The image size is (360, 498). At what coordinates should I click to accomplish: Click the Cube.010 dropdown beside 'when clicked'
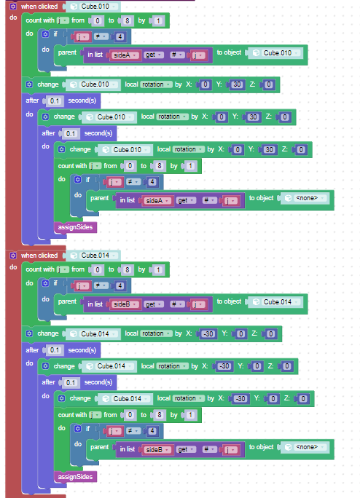(93, 7)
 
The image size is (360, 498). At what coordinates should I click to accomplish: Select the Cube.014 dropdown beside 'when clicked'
(93, 256)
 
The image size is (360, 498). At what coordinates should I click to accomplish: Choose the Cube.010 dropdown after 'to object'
(276, 53)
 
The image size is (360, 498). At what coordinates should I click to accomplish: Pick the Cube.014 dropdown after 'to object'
(276, 302)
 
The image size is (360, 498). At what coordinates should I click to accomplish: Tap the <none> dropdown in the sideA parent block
(305, 198)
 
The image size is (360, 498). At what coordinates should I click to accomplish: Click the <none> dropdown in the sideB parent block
(305, 447)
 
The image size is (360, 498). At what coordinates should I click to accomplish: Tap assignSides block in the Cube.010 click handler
(75, 227)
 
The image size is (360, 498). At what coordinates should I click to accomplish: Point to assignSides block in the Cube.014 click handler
(75, 477)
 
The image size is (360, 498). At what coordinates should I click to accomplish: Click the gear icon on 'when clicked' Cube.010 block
(13, 7)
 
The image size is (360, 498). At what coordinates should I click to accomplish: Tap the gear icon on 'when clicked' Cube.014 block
(13, 256)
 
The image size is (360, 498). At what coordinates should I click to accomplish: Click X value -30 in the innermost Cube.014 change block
(240, 398)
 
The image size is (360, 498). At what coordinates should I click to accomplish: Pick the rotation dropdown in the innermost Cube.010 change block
(188, 149)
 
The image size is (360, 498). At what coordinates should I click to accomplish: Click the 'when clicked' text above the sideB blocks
(39, 256)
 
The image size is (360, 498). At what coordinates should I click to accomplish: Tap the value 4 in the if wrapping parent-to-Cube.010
(120, 37)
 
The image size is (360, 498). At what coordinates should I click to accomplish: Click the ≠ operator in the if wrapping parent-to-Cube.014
(101, 286)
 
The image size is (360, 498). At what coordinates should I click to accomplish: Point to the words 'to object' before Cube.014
(229, 301)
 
